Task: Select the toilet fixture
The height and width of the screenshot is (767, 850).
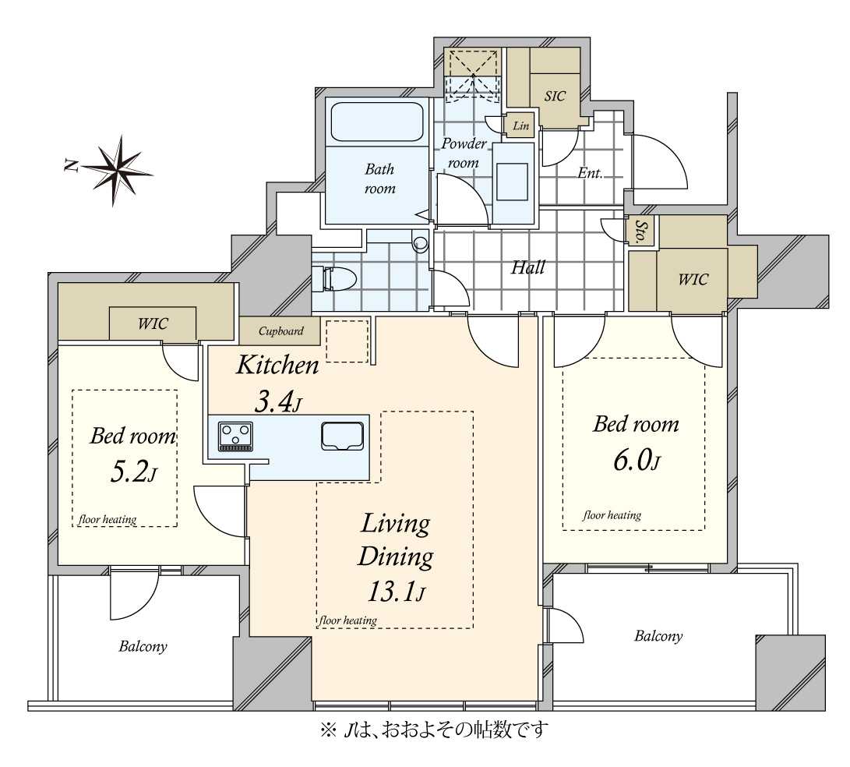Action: tap(334, 278)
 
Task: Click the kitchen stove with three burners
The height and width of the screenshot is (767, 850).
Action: tap(235, 437)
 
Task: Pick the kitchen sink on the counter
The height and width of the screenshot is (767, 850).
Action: tap(342, 437)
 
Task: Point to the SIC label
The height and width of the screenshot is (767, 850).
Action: tap(555, 96)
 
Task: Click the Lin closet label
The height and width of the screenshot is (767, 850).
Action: tap(521, 125)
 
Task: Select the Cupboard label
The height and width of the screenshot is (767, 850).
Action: tap(280, 330)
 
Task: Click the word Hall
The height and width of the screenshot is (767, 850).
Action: tap(528, 267)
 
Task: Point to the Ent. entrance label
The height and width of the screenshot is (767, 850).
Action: tap(590, 173)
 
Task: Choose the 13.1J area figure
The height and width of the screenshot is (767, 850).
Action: tap(396, 592)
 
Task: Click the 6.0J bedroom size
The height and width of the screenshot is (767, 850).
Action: tap(637, 461)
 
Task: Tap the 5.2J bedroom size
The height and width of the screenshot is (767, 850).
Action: tap(132, 472)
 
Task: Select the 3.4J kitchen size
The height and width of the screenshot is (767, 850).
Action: tap(277, 402)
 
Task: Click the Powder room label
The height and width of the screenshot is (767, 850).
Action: tap(464, 153)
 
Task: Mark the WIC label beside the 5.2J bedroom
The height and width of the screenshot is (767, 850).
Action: tap(153, 323)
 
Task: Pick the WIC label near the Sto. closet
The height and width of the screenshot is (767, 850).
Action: tap(693, 279)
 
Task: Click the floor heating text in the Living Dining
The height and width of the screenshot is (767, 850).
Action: tap(348, 620)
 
